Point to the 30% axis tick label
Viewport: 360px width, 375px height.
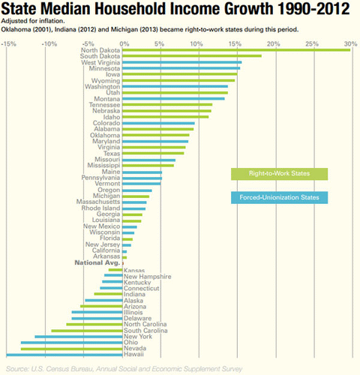tap(347, 42)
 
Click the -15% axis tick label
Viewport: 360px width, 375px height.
tap(9, 42)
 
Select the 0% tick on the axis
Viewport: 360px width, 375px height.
tap(122, 42)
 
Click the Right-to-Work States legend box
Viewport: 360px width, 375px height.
tap(279, 174)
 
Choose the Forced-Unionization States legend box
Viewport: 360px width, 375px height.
tap(279, 197)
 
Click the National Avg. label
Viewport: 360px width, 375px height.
tap(95, 263)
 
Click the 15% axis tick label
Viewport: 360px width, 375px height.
tap(233, 42)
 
